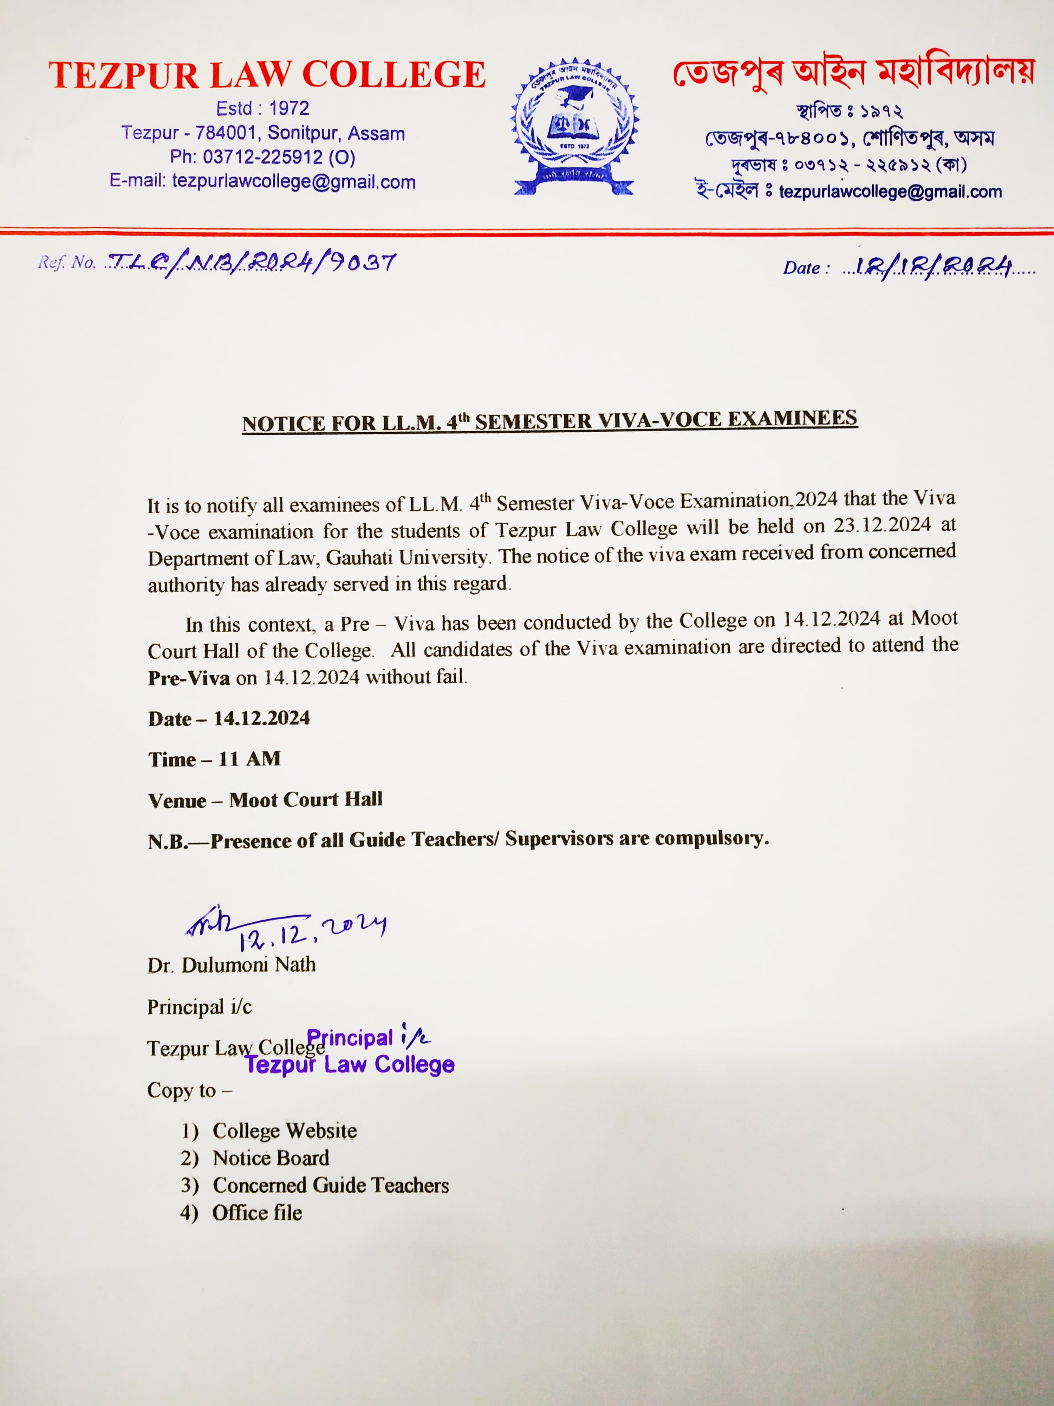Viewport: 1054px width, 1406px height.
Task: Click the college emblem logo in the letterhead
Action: pos(575,128)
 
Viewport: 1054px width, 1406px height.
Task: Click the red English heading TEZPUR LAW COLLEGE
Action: pos(267,75)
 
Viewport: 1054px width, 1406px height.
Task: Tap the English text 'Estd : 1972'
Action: pos(262,109)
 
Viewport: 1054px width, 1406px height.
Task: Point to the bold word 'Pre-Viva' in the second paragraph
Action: pos(189,678)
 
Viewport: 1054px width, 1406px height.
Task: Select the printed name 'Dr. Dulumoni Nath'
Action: pos(231,965)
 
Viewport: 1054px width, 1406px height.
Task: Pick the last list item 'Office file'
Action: pos(257,1213)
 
